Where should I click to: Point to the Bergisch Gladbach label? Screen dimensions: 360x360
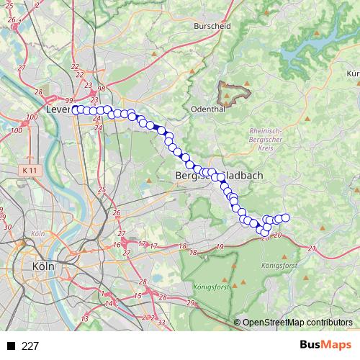pos(219,175)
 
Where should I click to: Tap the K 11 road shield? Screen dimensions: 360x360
pos(29,169)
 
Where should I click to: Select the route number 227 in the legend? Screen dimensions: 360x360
pos(30,346)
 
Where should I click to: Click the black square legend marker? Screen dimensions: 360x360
pos(12,346)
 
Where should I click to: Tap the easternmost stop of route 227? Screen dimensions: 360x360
pos(285,217)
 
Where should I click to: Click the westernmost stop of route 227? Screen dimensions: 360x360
pos(75,109)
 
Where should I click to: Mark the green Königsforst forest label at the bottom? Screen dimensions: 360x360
pos(210,286)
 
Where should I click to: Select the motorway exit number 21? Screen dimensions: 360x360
pos(312,248)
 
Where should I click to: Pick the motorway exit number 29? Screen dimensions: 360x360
pos(190,303)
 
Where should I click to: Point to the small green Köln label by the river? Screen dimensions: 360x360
pos(38,234)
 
